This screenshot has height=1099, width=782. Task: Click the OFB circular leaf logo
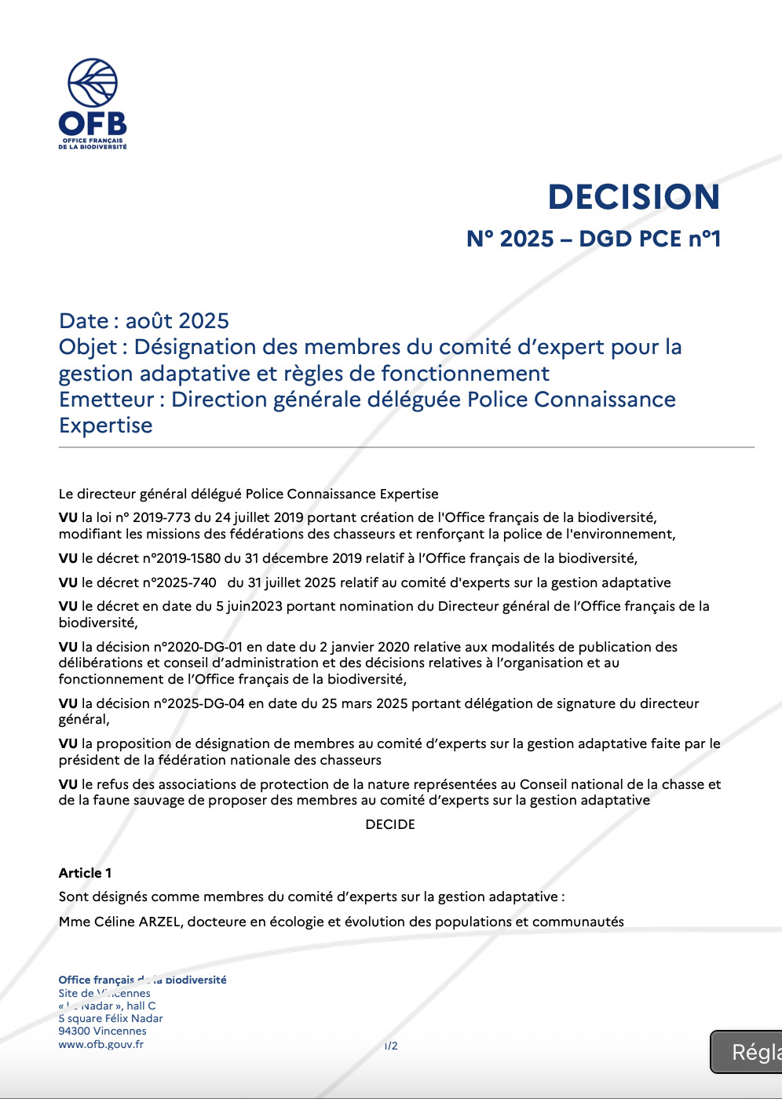[93, 82]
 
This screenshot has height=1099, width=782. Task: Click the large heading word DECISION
[634, 197]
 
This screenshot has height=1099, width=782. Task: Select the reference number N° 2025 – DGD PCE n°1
[594, 239]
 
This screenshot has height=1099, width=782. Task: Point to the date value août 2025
[177, 321]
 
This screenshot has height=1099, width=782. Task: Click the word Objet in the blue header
[88, 347]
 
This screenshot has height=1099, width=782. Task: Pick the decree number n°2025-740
[169, 583]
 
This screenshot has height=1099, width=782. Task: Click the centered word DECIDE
[390, 825]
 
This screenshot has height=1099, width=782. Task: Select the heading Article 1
[85, 874]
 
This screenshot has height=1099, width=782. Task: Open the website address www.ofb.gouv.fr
[100, 1045]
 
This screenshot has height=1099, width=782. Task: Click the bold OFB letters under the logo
[93, 124]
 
